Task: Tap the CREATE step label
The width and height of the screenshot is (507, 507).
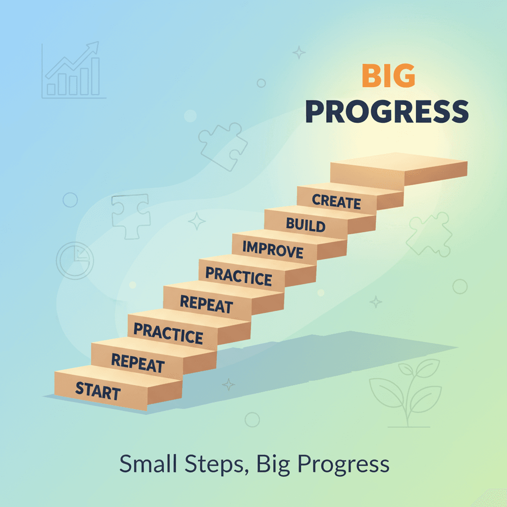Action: [337, 202]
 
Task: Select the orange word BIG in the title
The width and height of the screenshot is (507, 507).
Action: [388, 76]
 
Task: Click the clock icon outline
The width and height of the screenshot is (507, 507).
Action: [75, 259]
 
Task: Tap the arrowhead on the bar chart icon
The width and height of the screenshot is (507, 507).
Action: [93, 48]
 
